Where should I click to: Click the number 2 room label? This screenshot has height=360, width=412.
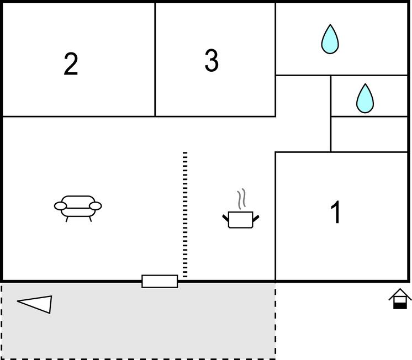[x=71, y=64]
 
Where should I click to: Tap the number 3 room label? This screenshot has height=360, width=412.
[x=212, y=60]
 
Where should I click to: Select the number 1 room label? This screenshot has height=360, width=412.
[x=336, y=212]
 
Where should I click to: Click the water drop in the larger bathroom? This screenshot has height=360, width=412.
[x=330, y=39]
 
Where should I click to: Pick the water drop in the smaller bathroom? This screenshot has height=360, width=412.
[x=365, y=98]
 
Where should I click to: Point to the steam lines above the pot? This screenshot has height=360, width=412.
[x=241, y=199]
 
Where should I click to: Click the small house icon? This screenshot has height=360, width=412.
[x=400, y=299]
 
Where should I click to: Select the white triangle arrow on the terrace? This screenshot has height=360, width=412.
[x=35, y=304]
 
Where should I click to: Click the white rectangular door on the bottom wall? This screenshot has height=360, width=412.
[x=160, y=282]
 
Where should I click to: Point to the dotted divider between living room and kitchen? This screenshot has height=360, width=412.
[x=185, y=214]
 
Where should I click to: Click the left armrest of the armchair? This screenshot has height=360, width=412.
[x=60, y=207]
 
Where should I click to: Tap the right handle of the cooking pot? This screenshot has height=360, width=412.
[x=256, y=218]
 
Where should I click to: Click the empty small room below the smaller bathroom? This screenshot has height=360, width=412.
[x=369, y=134]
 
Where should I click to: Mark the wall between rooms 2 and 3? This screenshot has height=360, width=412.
[x=155, y=60]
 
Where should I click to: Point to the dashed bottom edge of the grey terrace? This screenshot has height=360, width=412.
[x=138, y=358]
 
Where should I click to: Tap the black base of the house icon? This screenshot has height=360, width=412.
[x=400, y=306]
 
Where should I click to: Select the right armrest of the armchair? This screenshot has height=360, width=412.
[x=96, y=207]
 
